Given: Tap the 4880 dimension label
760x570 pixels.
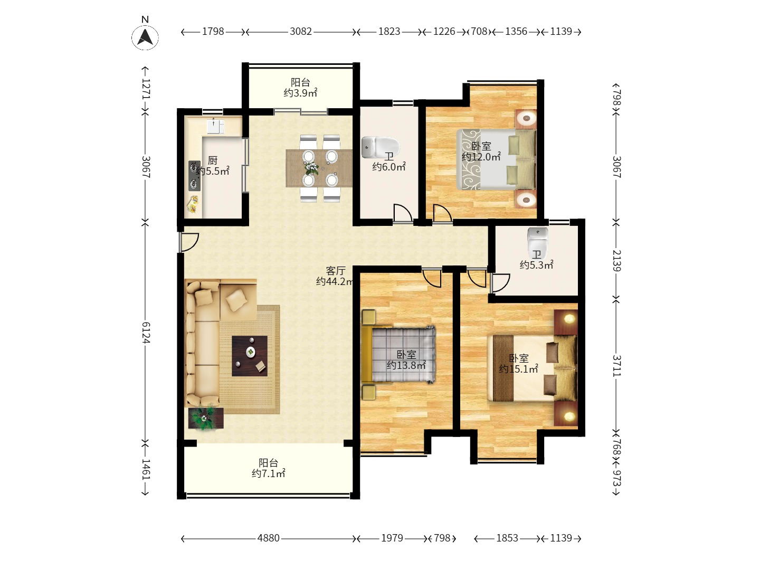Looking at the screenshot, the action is pyautogui.click(x=268, y=538).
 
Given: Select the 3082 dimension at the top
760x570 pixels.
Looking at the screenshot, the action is pyautogui.click(x=300, y=32).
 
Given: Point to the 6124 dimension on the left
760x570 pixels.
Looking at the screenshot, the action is pyautogui.click(x=146, y=332).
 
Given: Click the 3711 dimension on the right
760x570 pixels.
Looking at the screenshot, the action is pyautogui.click(x=616, y=365).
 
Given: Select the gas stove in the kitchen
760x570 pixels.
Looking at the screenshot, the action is pyautogui.click(x=194, y=175).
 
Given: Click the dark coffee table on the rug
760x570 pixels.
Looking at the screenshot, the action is pyautogui.click(x=249, y=356).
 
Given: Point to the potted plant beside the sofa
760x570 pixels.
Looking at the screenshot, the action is pyautogui.click(x=205, y=419).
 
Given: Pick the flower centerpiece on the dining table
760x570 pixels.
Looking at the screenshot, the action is pyautogui.click(x=311, y=168).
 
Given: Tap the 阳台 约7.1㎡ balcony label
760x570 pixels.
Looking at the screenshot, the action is pyautogui.click(x=268, y=468).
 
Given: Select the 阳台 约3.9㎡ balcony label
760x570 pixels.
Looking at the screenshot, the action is pyautogui.click(x=300, y=88).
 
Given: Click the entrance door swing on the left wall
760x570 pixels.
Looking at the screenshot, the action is pyautogui.click(x=189, y=242).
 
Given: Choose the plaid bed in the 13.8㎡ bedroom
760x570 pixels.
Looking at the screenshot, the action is pyautogui.click(x=398, y=354).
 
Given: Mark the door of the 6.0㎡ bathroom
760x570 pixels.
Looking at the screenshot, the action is pyautogui.click(x=403, y=213).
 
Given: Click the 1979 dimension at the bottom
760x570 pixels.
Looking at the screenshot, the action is pyautogui.click(x=392, y=538).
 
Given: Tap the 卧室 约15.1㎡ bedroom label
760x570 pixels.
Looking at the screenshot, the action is pyautogui.click(x=518, y=364).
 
